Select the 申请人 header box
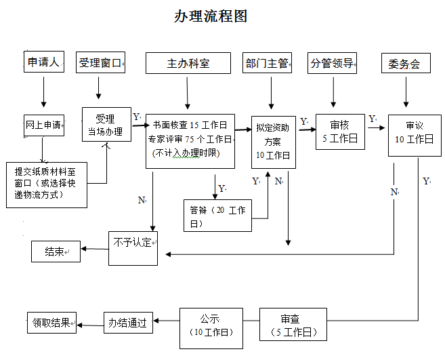[x=43, y=62]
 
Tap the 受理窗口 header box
[x=100, y=63]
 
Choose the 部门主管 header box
[x=267, y=63]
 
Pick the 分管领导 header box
[x=332, y=63]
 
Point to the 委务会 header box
[x=405, y=63]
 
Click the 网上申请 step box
[x=43, y=125]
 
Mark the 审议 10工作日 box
[x=414, y=134]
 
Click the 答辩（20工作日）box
[x=217, y=216]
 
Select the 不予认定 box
[x=133, y=247]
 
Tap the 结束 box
[x=56, y=252]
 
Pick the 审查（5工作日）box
[x=293, y=324]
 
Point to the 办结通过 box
[x=129, y=323]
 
